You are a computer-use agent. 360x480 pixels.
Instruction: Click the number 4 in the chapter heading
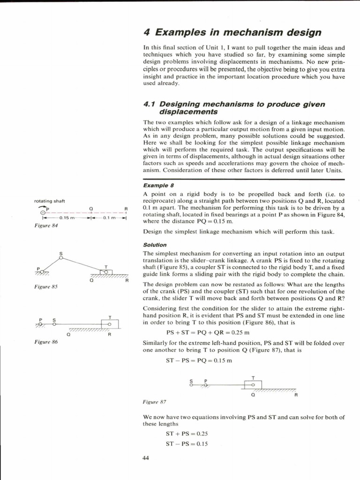tap(146, 32)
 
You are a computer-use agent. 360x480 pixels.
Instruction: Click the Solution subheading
tap(154, 245)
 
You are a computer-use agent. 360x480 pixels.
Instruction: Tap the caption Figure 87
tap(154, 402)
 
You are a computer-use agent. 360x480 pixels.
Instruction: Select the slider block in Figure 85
tap(106, 272)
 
